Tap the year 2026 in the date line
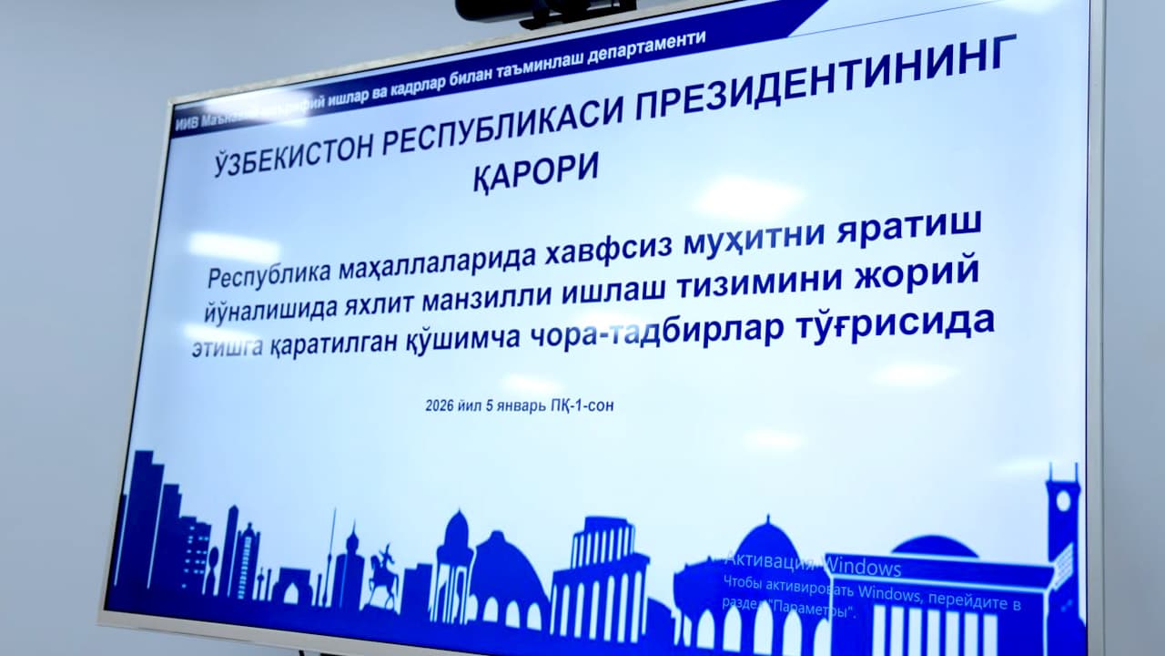click(x=440, y=406)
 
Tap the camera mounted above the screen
click(x=544, y=10)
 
